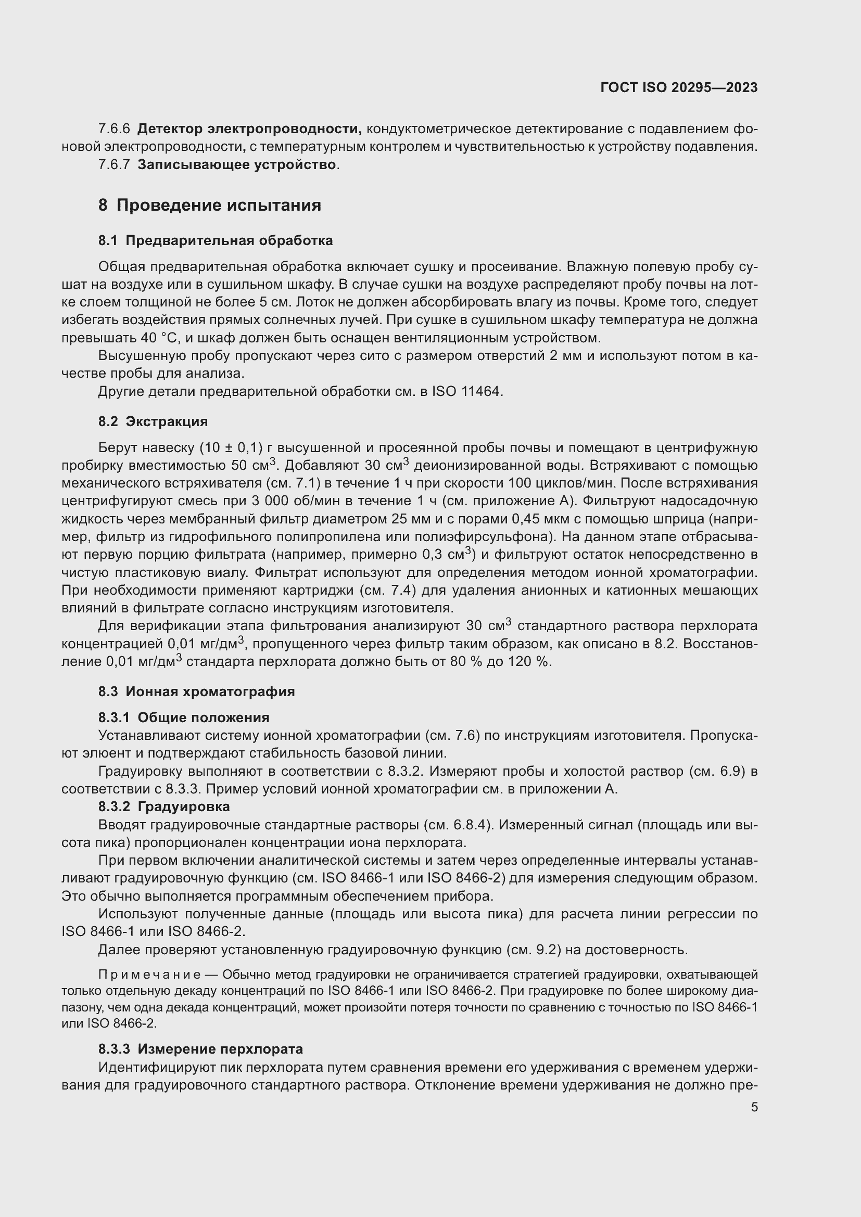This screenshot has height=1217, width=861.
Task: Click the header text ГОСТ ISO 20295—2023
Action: [679, 88]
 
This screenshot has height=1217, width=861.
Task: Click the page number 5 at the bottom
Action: [754, 1107]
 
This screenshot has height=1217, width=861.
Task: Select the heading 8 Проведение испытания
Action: [210, 205]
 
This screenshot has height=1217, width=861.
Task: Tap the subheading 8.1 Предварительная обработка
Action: [216, 241]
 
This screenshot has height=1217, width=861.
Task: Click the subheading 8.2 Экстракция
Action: [153, 421]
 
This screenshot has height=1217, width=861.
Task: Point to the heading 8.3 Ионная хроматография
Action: [196, 691]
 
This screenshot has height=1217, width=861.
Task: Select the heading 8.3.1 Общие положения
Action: [183, 718]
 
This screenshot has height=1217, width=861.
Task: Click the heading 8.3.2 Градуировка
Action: [164, 807]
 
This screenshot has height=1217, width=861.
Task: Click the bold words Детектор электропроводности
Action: [249, 129]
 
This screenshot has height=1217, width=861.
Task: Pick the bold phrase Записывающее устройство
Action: [236, 165]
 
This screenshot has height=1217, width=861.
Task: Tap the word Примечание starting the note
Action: [149, 975]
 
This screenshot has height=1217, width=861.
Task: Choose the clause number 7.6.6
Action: [114, 129]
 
